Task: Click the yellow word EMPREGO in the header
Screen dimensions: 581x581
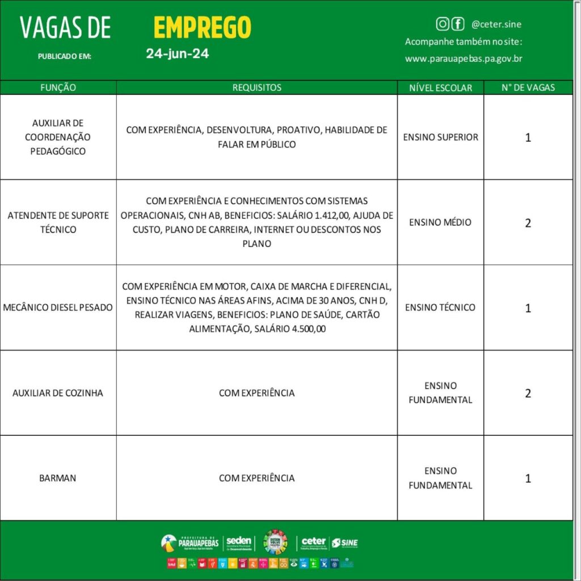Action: pos(202,27)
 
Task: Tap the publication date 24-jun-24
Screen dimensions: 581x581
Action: pos(178,54)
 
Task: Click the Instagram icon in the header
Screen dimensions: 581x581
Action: pos(442,24)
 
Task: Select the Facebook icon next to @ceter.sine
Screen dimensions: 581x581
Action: pos(457,24)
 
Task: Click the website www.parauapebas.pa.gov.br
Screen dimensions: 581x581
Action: pos(463,58)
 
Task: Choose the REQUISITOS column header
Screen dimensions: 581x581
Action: pos(256,88)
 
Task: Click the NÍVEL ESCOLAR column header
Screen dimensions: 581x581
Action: pos(440,88)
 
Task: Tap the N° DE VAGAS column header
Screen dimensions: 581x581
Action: pos(528,88)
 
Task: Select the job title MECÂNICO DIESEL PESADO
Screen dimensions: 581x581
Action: pos(58,308)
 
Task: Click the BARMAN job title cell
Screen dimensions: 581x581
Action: pos(58,478)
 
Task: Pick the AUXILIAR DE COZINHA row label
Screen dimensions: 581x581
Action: pos(58,393)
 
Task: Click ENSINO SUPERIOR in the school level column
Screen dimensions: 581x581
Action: pos(440,137)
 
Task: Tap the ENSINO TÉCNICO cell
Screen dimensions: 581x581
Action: pos(440,308)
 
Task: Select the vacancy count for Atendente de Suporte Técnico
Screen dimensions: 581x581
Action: pos(528,223)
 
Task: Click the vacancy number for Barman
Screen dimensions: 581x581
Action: pos(528,478)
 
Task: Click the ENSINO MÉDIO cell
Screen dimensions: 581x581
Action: pos(440,222)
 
